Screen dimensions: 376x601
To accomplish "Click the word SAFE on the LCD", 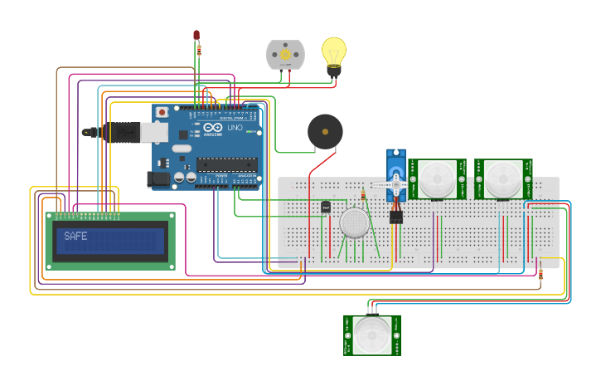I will (75, 237).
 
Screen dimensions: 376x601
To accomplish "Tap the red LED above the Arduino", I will (196, 35).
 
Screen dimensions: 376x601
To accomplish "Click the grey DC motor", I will (285, 55).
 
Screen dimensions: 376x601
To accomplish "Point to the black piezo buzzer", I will (325, 132).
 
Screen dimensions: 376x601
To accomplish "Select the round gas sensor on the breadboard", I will (355, 222).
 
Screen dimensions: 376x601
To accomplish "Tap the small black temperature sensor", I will (325, 207).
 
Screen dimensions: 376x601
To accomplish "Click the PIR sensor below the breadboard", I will (372, 334).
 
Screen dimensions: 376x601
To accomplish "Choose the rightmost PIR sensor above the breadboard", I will (503, 178).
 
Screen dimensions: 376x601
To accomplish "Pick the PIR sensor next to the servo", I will (437, 178).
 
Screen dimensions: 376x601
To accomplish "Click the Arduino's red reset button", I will (162, 111).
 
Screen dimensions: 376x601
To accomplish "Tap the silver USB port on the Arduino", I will (153, 131).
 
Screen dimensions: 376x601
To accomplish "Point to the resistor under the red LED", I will (199, 50).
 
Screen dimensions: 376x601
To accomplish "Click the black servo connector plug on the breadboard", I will (396, 217).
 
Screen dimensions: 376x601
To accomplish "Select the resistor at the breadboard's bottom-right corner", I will (540, 273).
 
